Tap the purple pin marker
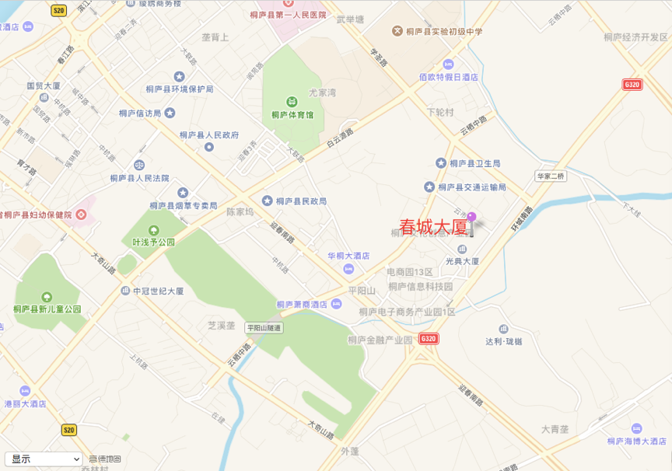click(471, 218)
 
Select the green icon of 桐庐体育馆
click(292, 102)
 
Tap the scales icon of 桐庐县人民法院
click(139, 164)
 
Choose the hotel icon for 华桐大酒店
click(348, 269)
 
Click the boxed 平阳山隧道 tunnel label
click(264, 328)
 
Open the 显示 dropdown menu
click(44, 459)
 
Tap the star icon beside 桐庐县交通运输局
click(429, 187)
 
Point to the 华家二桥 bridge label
click(551, 176)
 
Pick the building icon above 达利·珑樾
click(503, 330)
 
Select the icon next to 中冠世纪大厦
click(125, 291)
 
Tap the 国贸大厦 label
click(49, 85)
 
